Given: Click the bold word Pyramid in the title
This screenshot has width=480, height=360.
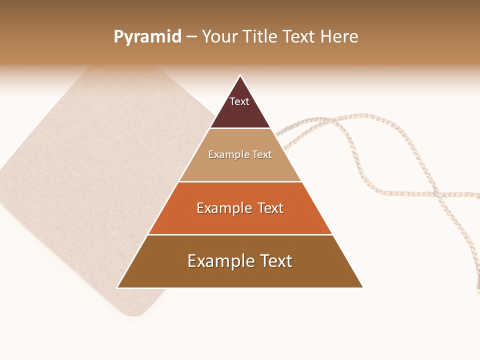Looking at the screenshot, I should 147,37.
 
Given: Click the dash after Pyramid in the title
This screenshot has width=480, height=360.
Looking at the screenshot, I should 191,37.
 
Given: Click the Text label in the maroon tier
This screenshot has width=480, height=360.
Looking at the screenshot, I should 239,101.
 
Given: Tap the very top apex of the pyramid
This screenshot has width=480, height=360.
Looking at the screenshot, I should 240,76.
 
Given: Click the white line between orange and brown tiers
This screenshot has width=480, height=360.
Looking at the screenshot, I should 240,234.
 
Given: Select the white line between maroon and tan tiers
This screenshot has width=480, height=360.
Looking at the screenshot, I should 240,128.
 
